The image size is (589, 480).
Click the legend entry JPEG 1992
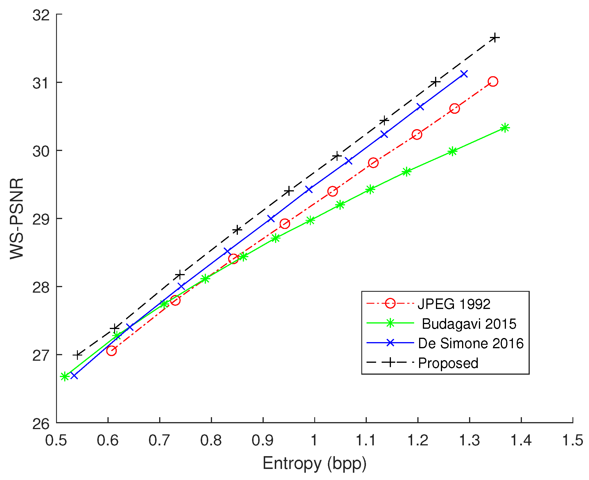pyautogui.click(x=454, y=304)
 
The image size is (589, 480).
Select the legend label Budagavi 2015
pyautogui.click(x=469, y=324)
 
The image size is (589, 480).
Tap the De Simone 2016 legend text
pyautogui.click(x=471, y=344)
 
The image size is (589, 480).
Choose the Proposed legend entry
pyautogui.click(x=448, y=363)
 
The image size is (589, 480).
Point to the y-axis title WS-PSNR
pyautogui.click(x=17, y=218)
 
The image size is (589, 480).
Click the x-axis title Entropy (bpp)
pyautogui.click(x=314, y=463)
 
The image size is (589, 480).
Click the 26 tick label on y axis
pyautogui.click(x=41, y=424)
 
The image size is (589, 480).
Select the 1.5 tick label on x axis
pyautogui.click(x=572, y=440)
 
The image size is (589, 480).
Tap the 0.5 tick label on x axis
pyautogui.click(x=56, y=440)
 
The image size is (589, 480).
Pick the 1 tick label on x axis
pyautogui.click(x=314, y=440)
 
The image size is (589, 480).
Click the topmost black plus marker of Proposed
pyautogui.click(x=494, y=38)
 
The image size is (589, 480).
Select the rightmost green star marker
pyautogui.click(x=505, y=128)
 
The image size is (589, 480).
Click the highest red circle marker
pyautogui.click(x=493, y=81)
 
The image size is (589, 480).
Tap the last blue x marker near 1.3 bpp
pyautogui.click(x=464, y=74)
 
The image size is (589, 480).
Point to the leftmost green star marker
pyautogui.click(x=64, y=376)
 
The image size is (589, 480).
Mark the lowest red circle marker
pyautogui.click(x=111, y=351)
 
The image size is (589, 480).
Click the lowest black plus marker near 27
pyautogui.click(x=77, y=355)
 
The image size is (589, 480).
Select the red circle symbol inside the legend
pyautogui.click(x=390, y=303)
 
